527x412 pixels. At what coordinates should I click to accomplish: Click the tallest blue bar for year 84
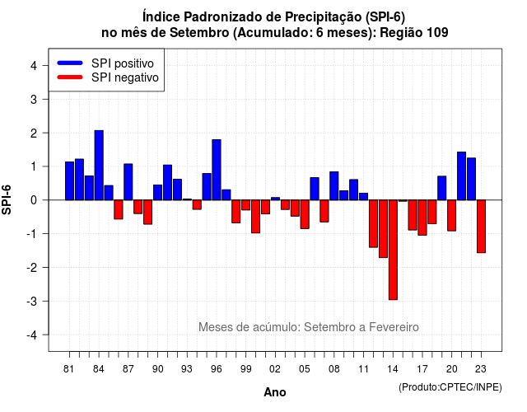(99, 165)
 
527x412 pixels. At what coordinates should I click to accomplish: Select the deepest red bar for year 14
(393, 250)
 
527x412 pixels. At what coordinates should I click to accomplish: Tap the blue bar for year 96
(217, 170)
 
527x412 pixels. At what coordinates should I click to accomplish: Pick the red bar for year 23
(481, 227)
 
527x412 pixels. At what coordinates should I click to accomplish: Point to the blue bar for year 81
(69, 181)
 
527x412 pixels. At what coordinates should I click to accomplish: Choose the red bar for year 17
(422, 218)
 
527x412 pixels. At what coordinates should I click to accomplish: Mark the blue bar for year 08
(334, 186)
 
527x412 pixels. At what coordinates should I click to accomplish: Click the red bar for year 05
(305, 214)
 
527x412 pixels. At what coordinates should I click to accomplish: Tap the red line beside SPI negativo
(70, 77)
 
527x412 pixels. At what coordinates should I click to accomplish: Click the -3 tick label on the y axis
(33, 302)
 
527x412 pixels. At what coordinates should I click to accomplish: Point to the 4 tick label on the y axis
(34, 66)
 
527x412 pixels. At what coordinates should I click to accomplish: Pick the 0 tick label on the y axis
(34, 200)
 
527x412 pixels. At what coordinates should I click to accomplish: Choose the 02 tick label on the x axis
(275, 369)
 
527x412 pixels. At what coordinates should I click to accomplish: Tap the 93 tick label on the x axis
(187, 369)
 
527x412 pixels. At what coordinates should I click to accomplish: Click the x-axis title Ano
(275, 392)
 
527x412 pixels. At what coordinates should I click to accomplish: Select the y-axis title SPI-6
(7, 200)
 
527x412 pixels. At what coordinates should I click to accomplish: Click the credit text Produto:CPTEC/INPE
(450, 387)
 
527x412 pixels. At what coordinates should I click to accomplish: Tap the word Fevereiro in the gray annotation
(394, 327)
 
